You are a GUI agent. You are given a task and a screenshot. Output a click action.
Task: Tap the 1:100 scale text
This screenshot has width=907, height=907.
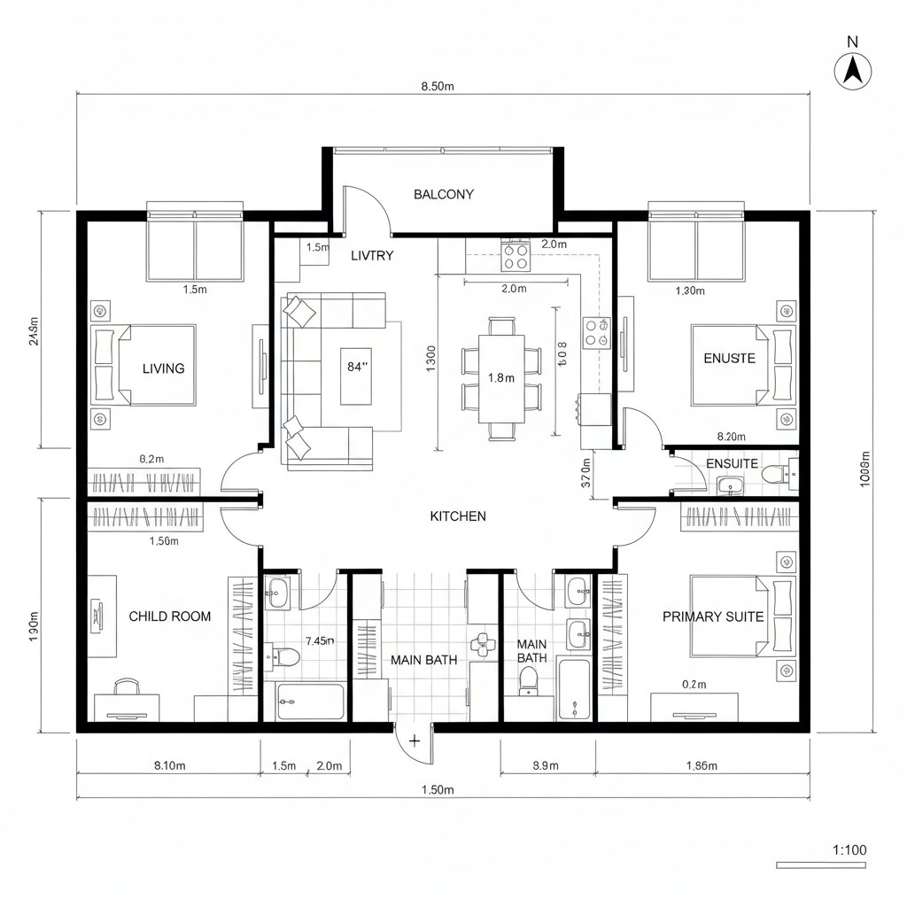849,850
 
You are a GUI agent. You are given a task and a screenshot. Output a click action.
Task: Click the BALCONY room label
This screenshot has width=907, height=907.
444,195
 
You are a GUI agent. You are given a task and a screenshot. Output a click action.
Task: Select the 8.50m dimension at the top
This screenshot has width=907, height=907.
438,87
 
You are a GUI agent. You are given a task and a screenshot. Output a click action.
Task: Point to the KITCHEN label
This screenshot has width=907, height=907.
458,516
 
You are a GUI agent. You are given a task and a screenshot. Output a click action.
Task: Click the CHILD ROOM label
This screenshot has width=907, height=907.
170,616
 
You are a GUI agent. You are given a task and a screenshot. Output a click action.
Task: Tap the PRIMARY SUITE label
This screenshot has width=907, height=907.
712,616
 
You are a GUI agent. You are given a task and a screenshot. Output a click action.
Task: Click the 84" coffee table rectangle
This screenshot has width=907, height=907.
357,365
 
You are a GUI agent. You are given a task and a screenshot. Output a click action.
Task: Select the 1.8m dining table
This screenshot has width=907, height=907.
501,377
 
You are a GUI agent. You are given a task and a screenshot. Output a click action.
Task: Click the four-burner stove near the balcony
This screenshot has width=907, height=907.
516,256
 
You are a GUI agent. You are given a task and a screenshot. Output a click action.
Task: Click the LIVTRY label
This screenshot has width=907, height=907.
372,255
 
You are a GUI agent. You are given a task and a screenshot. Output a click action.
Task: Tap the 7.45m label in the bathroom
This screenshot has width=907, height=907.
318,640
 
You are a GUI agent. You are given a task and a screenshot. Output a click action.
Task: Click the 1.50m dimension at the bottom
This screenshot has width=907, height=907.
437,789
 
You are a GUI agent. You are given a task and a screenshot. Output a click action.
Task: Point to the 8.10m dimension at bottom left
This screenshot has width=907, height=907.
167,766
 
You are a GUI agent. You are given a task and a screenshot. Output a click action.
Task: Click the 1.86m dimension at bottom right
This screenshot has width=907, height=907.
702,766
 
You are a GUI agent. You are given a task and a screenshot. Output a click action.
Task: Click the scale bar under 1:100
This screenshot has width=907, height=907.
820,864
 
